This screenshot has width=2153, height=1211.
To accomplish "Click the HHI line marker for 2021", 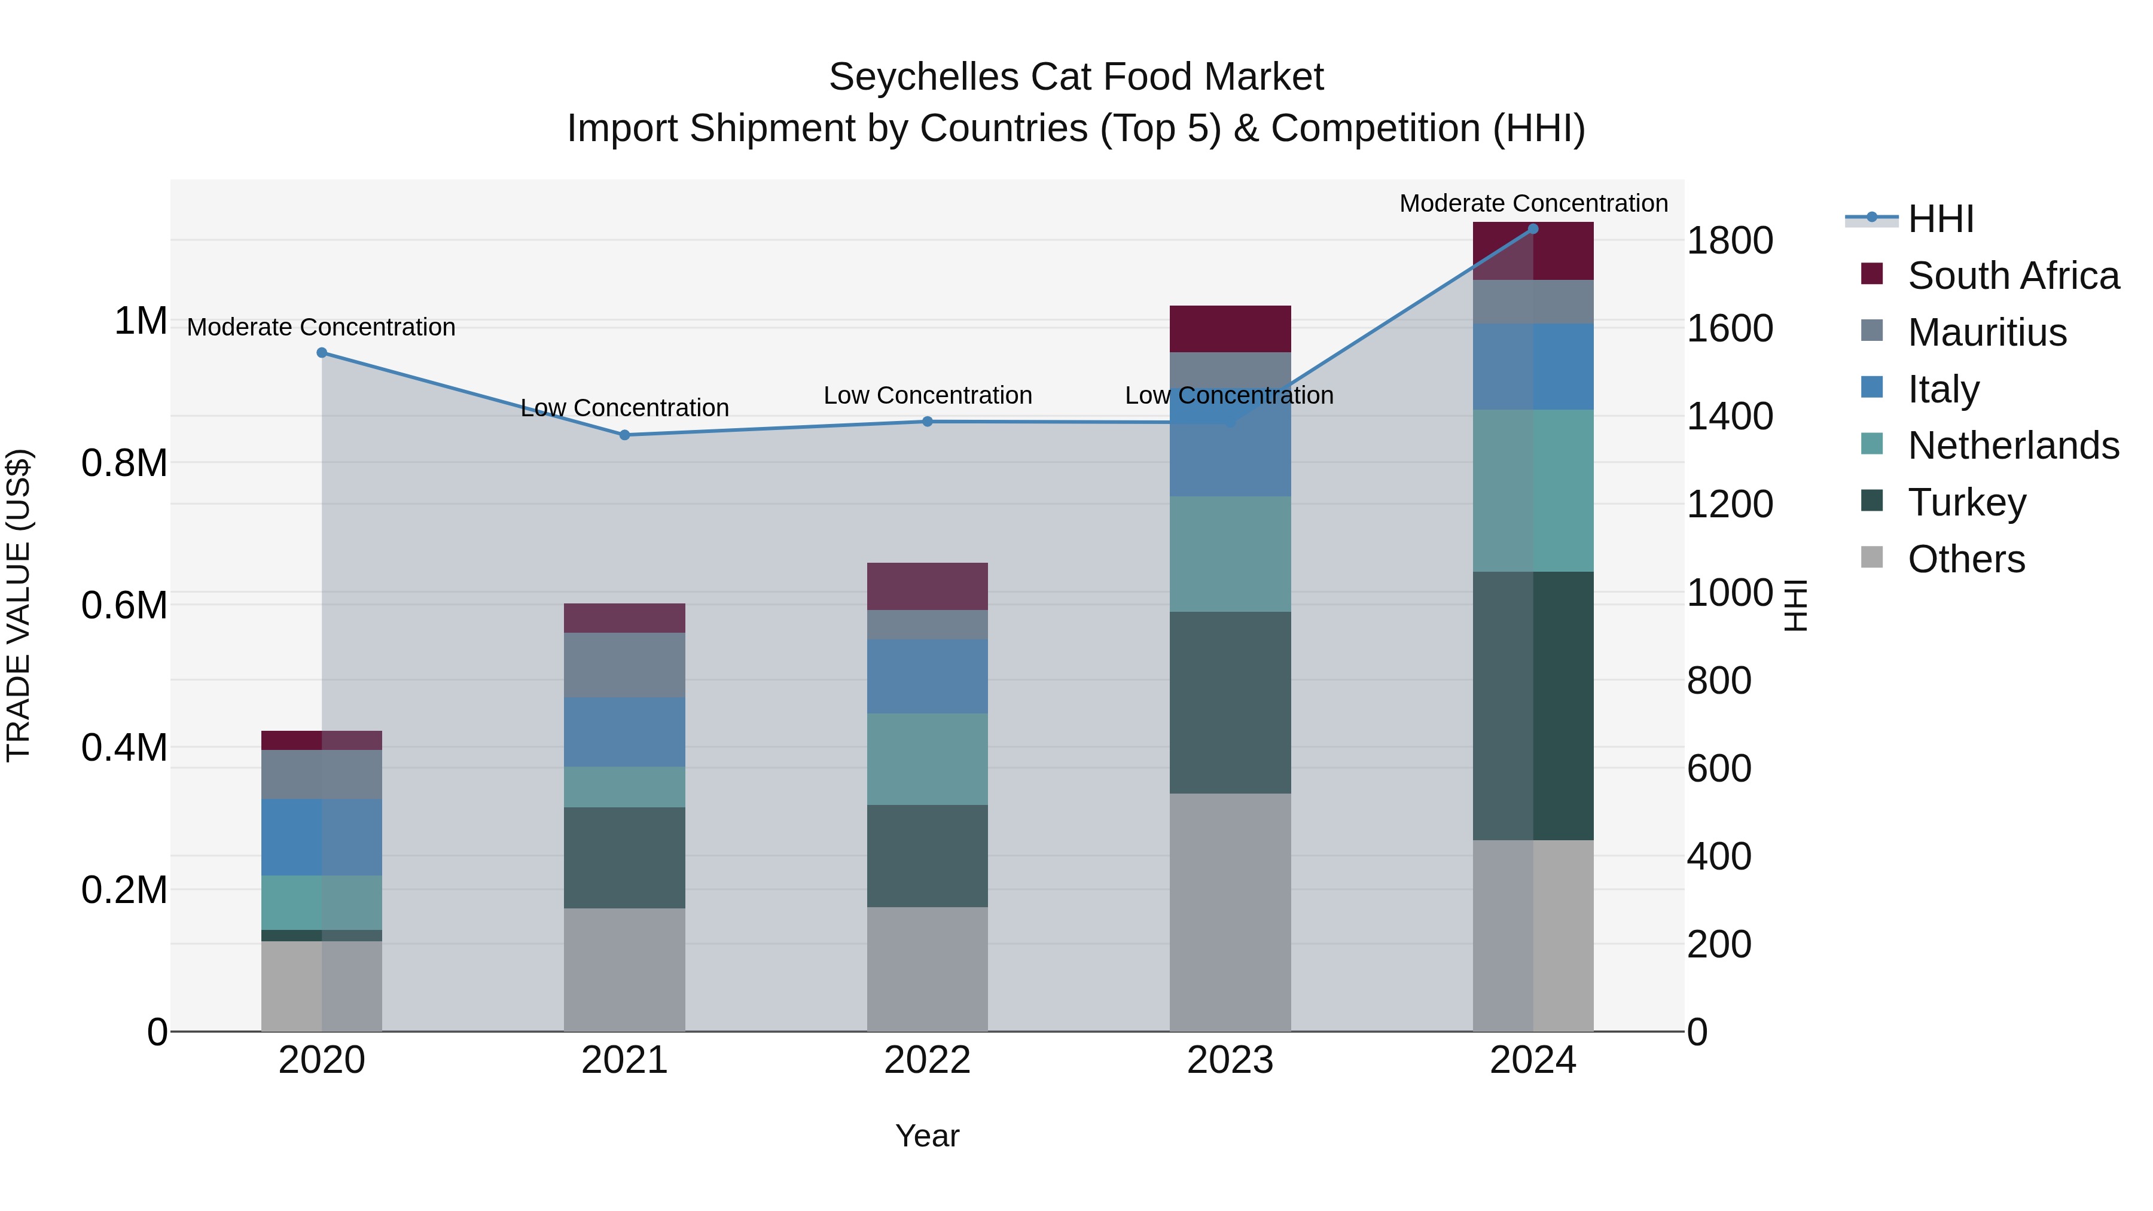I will coord(624,435).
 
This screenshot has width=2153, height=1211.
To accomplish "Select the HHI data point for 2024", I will coord(1533,229).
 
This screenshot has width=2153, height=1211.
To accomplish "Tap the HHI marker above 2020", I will coord(322,353).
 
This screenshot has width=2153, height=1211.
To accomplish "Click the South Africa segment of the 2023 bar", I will coord(1230,328).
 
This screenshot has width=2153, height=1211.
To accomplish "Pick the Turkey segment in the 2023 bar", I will coord(1230,702).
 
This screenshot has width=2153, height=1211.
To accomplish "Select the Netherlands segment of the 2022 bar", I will coord(927,759).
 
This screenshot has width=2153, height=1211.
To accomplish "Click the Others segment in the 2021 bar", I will coord(624,969).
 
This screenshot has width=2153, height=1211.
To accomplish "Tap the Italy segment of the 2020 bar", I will coord(322,837).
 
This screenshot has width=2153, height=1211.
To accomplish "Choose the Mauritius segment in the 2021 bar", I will coord(624,664).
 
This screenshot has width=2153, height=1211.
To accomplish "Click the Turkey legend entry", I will coord(1966,502).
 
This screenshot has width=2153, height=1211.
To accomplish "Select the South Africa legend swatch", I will coord(1872,274).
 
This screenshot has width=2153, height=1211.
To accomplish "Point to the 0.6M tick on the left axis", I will coord(124,605).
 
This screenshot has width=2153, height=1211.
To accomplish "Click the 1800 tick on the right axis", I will coord(1729,240).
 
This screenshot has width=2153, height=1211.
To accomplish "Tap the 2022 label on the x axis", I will coord(927,1060).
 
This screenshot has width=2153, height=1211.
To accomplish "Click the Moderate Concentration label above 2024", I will coord(1533,203).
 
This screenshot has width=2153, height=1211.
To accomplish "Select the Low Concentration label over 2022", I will coord(927,395).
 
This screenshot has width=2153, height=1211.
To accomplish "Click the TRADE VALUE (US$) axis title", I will coord(19,605).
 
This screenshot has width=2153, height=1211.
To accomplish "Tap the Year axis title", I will coord(927,1136).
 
